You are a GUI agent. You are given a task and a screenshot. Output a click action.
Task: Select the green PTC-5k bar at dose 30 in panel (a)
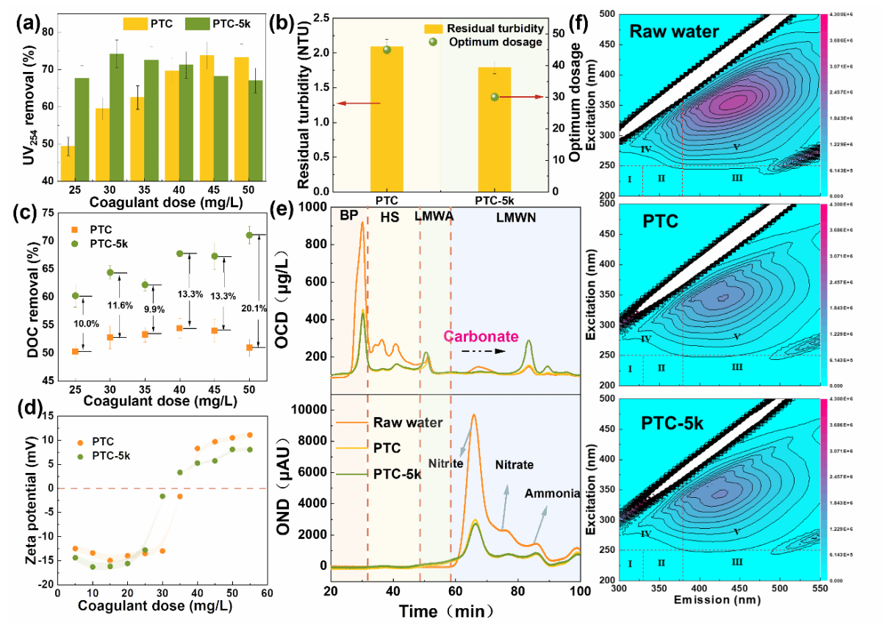[x=117, y=117]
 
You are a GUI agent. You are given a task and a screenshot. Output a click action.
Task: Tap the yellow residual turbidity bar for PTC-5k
[x=494, y=129]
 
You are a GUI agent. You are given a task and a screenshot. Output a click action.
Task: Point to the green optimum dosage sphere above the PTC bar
[x=387, y=49]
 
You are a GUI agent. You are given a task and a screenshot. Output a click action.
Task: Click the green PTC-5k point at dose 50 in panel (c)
[x=249, y=235]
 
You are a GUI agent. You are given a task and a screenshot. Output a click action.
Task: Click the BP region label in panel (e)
[x=348, y=217]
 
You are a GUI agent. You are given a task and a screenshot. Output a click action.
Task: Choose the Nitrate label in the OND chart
[x=514, y=465]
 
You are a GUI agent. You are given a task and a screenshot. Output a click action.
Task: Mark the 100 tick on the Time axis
[x=580, y=592]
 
